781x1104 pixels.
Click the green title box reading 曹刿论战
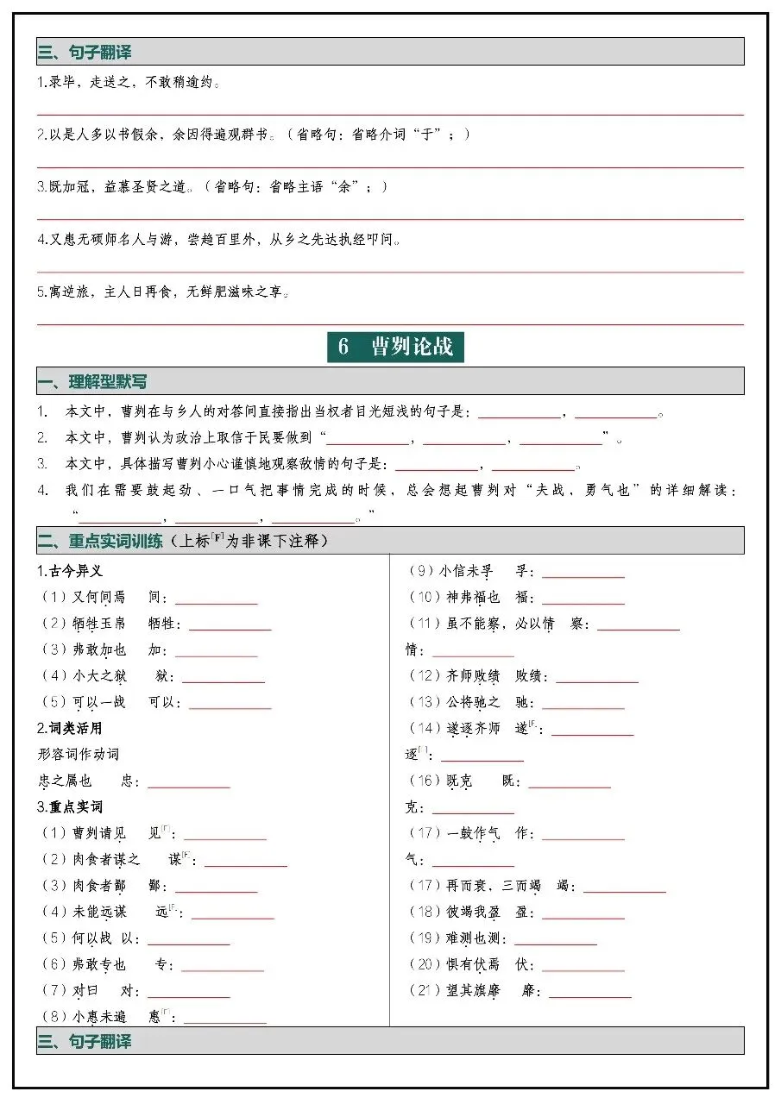(395, 347)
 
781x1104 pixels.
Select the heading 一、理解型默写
(98, 381)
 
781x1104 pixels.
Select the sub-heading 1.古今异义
(70, 571)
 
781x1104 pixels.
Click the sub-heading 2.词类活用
(70, 728)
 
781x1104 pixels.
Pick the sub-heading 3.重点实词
(70, 806)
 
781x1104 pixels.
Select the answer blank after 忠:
(189, 782)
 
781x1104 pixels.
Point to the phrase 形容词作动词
(79, 754)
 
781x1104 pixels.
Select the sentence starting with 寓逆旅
(164, 292)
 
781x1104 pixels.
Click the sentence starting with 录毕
(129, 83)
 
